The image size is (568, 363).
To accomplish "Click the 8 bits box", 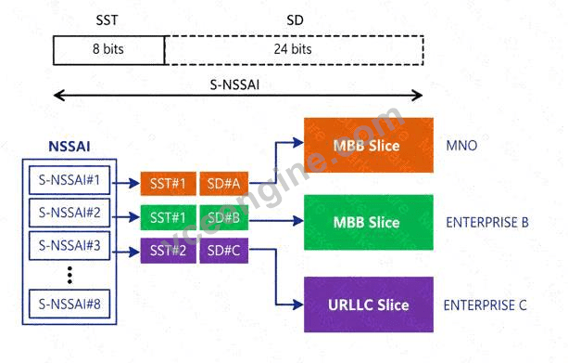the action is click(x=108, y=50).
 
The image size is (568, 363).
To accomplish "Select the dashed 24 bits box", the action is click(x=294, y=50).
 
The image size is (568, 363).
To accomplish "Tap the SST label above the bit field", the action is click(x=107, y=20).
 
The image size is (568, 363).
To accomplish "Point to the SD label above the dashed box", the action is click(x=295, y=20).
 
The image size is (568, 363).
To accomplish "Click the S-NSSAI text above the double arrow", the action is click(x=234, y=84).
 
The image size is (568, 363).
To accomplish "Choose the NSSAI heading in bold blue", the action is click(x=69, y=147).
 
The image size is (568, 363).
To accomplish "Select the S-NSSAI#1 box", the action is click(x=69, y=180).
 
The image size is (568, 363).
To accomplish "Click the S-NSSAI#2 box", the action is click(x=69, y=213).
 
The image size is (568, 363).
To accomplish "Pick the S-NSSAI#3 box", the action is click(x=69, y=246).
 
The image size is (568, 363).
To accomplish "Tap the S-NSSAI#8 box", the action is click(x=69, y=304).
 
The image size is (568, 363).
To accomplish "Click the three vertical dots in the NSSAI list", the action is click(x=69, y=275).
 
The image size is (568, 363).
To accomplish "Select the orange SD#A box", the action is click(x=224, y=184).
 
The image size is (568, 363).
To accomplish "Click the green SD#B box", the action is click(x=224, y=217).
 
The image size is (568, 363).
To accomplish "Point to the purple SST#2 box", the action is click(x=168, y=251).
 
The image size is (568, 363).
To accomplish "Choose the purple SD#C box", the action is click(x=224, y=251).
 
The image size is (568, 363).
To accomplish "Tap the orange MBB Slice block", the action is click(x=369, y=145).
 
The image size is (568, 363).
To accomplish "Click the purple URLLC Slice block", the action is click(x=369, y=305).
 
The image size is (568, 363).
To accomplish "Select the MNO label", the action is click(x=461, y=146).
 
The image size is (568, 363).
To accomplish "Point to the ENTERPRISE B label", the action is click(x=486, y=222).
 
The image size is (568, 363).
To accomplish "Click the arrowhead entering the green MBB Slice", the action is click(x=298, y=220).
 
